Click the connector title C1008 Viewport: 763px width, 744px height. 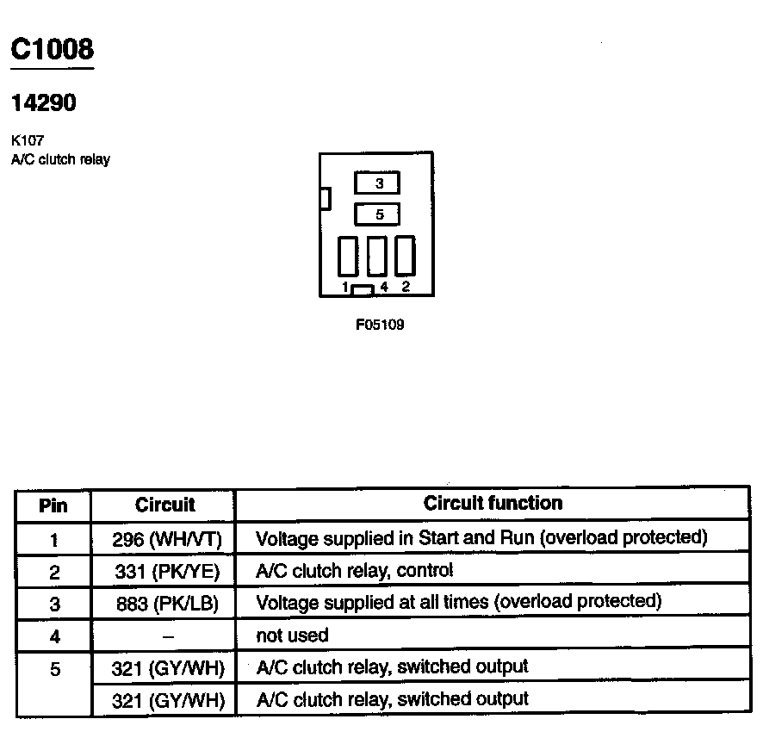pyautogui.click(x=51, y=49)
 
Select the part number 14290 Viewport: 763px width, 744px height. pyautogui.click(x=43, y=103)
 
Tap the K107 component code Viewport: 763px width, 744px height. pyautogui.click(x=28, y=141)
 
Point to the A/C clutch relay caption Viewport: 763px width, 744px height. pyautogui.click(x=60, y=159)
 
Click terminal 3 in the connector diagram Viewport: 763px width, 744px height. pyautogui.click(x=377, y=183)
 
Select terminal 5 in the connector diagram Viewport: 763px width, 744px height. pyautogui.click(x=377, y=214)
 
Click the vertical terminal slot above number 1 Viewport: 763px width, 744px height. pyautogui.click(x=347, y=256)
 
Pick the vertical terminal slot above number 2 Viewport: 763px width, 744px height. pyautogui.click(x=405, y=256)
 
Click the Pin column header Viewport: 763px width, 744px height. pyautogui.click(x=53, y=505)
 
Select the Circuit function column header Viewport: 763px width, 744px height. pyautogui.click(x=493, y=503)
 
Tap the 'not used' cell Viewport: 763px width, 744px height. pyautogui.click(x=293, y=635)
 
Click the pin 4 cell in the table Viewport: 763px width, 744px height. pyautogui.click(x=54, y=636)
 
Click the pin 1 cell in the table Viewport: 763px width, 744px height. pyautogui.click(x=54, y=540)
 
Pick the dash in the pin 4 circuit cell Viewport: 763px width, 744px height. pyautogui.click(x=168, y=636)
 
